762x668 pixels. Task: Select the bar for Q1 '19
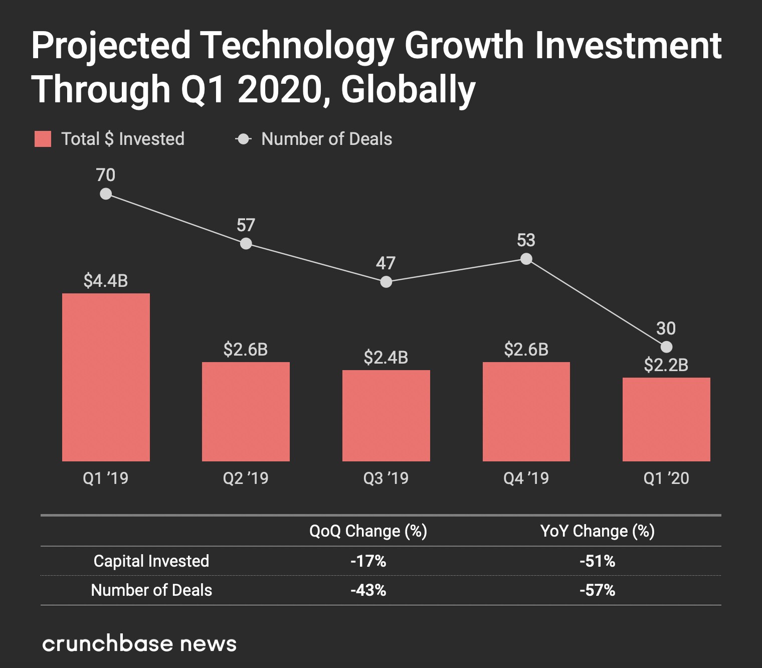point(106,377)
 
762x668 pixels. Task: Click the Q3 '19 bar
point(386,415)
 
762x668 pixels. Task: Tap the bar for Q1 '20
point(666,419)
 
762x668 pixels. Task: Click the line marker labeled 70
point(106,194)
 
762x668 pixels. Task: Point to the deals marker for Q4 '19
point(526,259)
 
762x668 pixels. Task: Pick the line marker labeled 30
point(666,347)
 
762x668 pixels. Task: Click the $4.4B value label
point(106,281)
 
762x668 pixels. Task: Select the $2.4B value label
point(386,358)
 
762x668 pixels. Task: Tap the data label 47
point(386,263)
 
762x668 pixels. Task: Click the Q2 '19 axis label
point(246,478)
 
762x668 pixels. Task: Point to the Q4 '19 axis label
point(526,478)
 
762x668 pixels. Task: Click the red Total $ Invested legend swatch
point(43,139)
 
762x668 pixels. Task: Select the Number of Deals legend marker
point(244,139)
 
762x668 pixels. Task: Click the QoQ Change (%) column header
point(368,531)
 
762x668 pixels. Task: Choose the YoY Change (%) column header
point(598,531)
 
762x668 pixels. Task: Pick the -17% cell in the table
point(368,561)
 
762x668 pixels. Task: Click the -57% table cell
point(598,590)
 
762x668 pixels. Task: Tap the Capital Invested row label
point(151,561)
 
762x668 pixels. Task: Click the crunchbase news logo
point(139,644)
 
